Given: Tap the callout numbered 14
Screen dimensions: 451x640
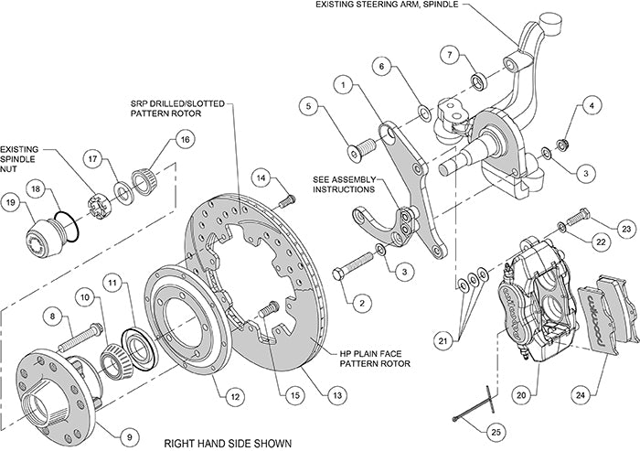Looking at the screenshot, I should tap(261, 177).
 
